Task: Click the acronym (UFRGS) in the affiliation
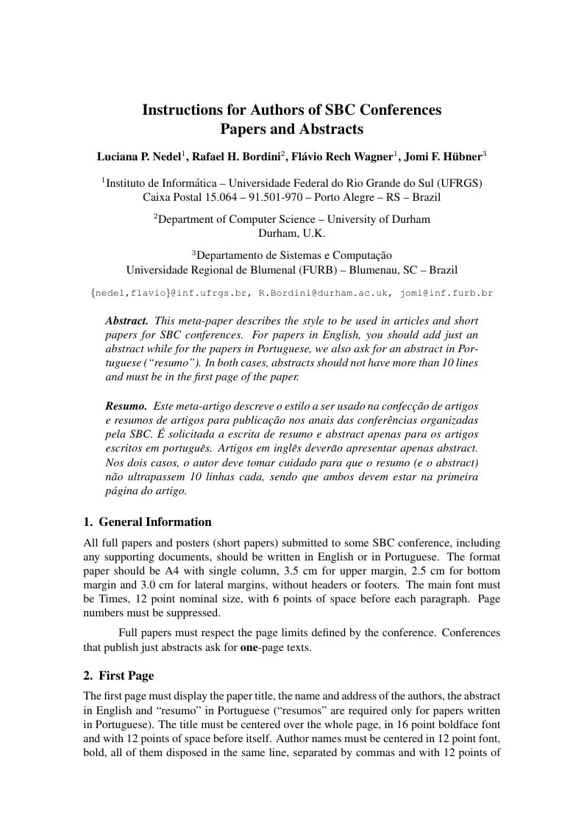460,182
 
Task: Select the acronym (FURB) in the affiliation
309,270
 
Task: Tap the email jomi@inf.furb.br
446,293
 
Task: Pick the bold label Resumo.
126,406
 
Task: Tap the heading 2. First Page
118,675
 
